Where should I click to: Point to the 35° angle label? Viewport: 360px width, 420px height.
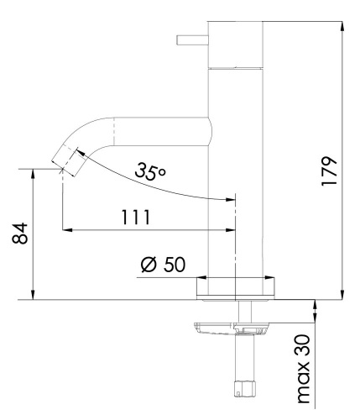click(x=150, y=174)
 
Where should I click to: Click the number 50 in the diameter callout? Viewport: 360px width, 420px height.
click(x=173, y=265)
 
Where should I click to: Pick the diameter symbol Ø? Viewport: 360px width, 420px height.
click(x=148, y=265)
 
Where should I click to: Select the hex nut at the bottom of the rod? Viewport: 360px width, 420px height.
click(x=243, y=387)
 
